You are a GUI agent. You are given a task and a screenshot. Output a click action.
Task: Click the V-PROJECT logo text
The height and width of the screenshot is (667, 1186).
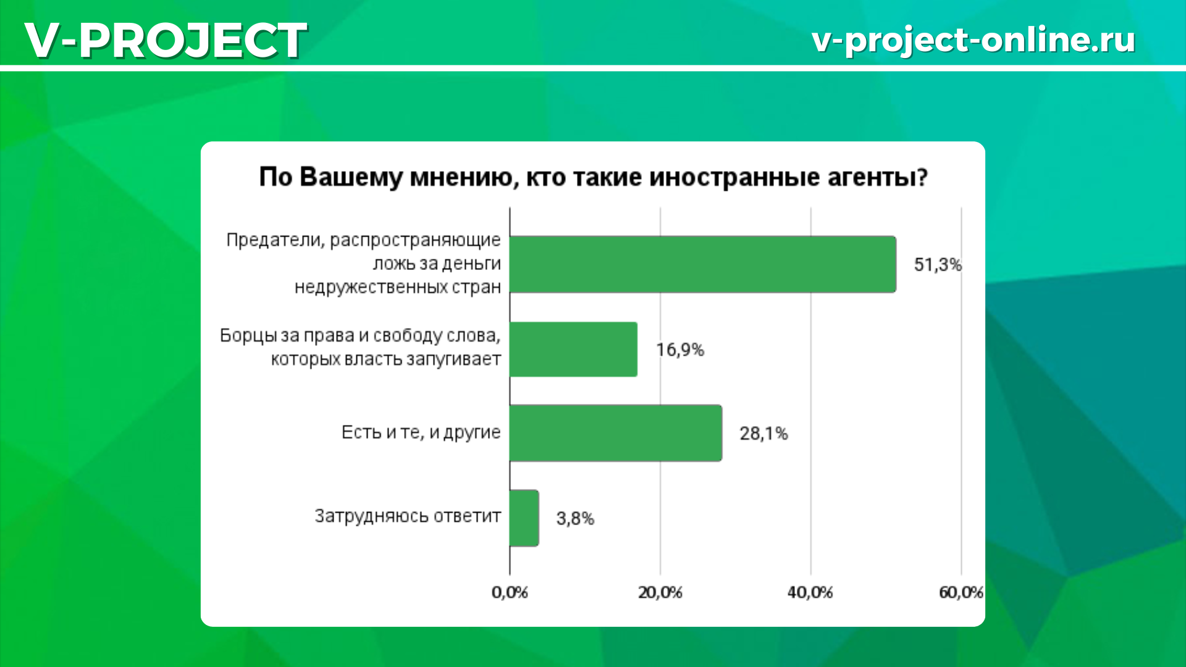pos(166,40)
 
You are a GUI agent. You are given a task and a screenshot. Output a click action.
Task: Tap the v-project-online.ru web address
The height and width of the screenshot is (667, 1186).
pos(974,40)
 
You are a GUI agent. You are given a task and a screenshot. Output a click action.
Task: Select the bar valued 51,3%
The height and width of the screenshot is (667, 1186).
pos(703,264)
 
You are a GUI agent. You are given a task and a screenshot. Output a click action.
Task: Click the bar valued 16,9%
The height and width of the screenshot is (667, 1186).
pos(574,350)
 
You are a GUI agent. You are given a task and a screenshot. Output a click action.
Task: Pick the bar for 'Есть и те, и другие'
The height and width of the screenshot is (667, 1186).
pos(616,433)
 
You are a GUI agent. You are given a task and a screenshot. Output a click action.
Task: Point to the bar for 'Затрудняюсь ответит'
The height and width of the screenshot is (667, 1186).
pos(524,518)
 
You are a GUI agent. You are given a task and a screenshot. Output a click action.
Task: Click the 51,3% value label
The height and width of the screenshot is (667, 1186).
pos(938,265)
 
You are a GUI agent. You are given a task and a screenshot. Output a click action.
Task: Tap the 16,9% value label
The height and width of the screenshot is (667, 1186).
pos(680,350)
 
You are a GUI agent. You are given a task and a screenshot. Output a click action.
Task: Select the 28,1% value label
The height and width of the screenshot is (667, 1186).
pos(764,434)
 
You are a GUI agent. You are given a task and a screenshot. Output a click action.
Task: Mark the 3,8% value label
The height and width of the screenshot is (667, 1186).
pos(575,518)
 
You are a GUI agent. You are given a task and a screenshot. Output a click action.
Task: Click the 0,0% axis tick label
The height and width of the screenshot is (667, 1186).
pos(510,593)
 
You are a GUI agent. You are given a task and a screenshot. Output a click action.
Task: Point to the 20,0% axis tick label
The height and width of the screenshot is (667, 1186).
pos(660,593)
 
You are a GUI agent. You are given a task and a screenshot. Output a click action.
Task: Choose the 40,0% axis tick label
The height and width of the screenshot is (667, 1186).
pos(810,593)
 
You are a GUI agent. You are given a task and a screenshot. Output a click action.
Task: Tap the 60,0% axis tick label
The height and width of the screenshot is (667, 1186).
pos(961,593)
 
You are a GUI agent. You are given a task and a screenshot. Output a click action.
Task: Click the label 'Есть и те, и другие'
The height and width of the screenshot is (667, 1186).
pos(421,432)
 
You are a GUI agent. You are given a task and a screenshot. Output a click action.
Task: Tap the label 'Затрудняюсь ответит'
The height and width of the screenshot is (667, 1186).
pos(408,516)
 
